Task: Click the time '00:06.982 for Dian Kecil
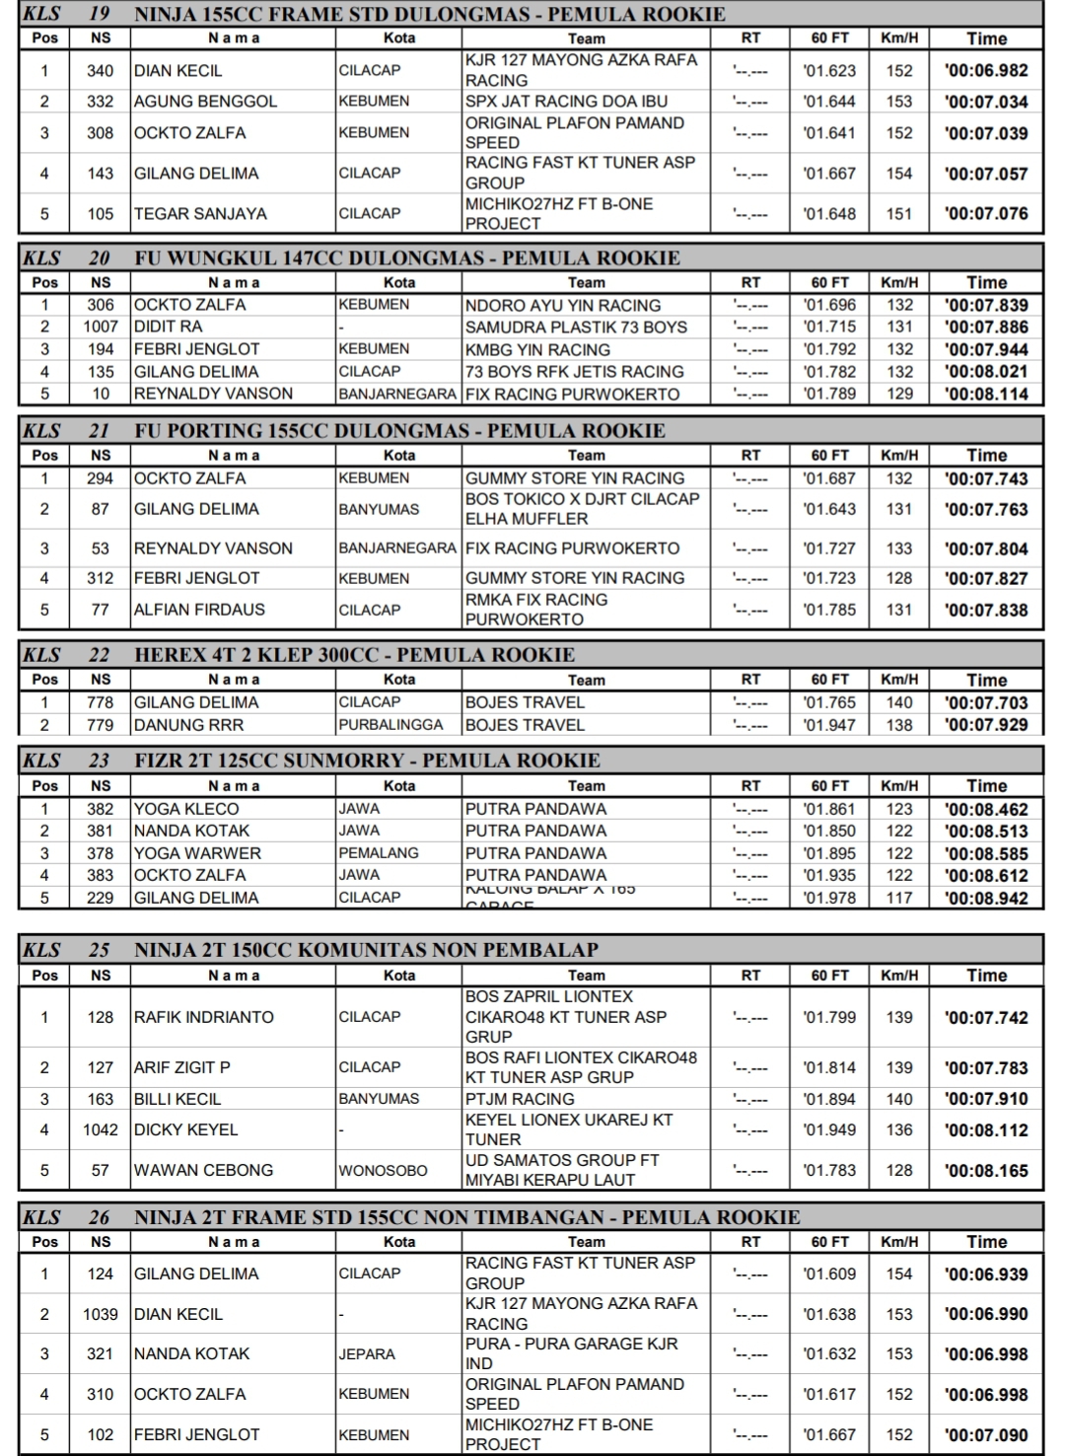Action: point(985,71)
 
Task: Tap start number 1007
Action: point(100,327)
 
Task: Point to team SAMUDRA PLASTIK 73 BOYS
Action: point(576,327)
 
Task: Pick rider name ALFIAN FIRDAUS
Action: point(199,610)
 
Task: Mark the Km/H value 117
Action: point(898,898)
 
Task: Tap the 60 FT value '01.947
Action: point(829,725)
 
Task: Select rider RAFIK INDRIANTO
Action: point(204,1017)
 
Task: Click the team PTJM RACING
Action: point(520,1099)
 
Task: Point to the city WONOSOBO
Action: point(384,1171)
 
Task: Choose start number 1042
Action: point(100,1129)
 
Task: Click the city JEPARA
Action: point(367,1354)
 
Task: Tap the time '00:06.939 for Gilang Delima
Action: point(985,1274)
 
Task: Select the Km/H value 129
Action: point(898,394)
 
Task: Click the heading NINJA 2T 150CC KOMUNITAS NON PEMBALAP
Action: point(366,950)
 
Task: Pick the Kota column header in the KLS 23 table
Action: point(399,786)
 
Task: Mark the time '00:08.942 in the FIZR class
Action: point(985,899)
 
